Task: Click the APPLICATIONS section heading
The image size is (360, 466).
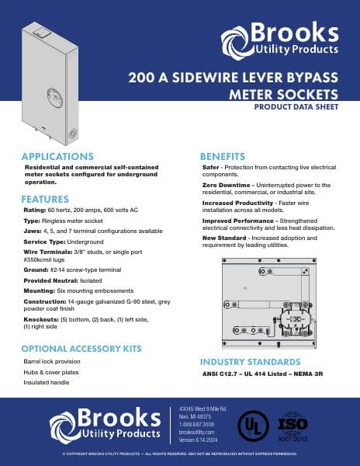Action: click(x=58, y=157)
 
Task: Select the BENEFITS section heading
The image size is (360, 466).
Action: click(x=223, y=157)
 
